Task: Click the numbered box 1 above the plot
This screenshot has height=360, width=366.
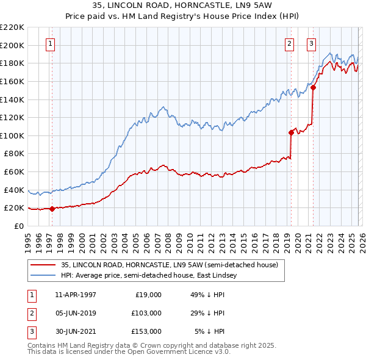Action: [x=49, y=43]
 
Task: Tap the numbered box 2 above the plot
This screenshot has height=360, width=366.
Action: [x=289, y=43]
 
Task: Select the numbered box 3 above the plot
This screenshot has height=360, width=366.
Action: [x=311, y=43]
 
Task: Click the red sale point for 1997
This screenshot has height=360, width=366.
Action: [x=52, y=209]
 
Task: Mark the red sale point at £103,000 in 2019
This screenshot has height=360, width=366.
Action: [x=291, y=132]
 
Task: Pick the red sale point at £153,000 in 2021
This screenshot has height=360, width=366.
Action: [x=313, y=87]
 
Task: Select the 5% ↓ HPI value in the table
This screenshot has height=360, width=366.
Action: [x=210, y=331]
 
